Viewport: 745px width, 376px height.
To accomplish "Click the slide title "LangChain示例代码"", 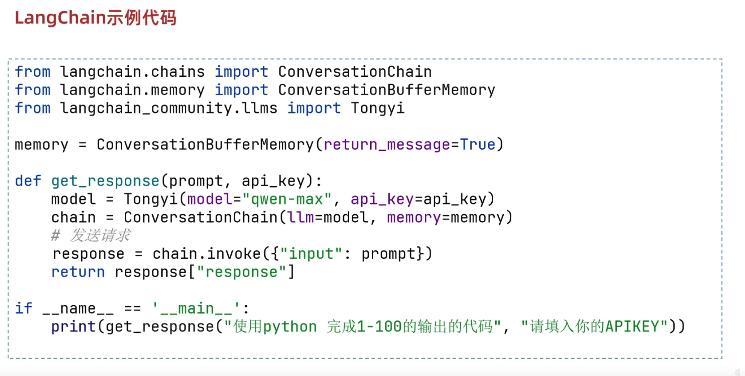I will pos(95,18).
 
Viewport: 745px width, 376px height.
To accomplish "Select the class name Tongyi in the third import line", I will pos(378,108).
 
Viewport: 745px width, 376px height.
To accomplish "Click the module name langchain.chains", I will pos(132,72).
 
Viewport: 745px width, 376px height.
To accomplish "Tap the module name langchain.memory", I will pos(132,90).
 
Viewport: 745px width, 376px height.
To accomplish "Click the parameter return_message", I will pos(387,145).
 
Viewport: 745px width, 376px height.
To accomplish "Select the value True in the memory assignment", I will pos(478,145).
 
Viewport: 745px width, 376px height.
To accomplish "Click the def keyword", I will pos(28,181).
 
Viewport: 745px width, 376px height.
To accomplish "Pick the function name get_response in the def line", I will pos(105,181).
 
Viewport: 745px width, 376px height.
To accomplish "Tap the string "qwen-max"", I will pos(287,199).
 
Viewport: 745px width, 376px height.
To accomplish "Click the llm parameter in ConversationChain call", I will pos(300,218).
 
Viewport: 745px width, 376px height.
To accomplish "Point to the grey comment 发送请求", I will pos(100,235).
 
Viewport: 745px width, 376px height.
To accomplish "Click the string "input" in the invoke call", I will pos(311,254).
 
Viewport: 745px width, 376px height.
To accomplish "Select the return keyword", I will pos(78,272).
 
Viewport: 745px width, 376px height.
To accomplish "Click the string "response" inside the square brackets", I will pos(241,272).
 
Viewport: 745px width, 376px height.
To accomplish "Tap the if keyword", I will pos(23,308).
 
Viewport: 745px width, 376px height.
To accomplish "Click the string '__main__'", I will pos(196,308).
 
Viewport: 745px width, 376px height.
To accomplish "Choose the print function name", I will pos(73,326).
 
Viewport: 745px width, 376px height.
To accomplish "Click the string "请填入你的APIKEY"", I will pos(594,326).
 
